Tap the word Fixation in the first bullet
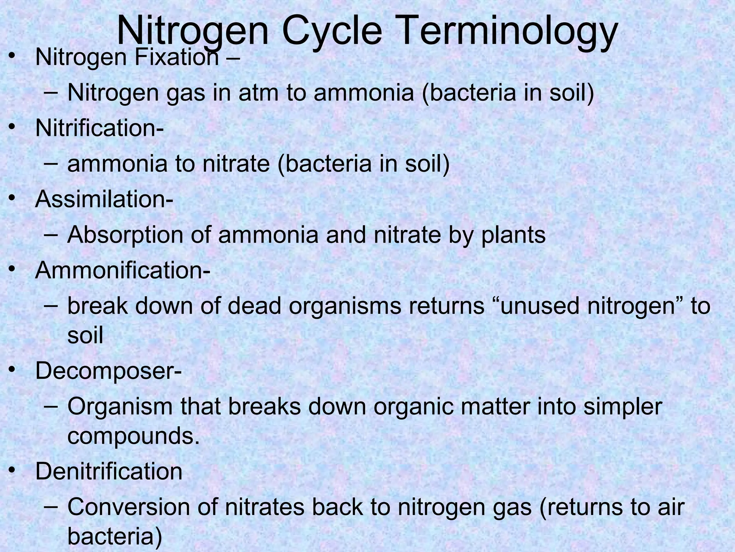coord(176,57)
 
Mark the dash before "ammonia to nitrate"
coord(52,164)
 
